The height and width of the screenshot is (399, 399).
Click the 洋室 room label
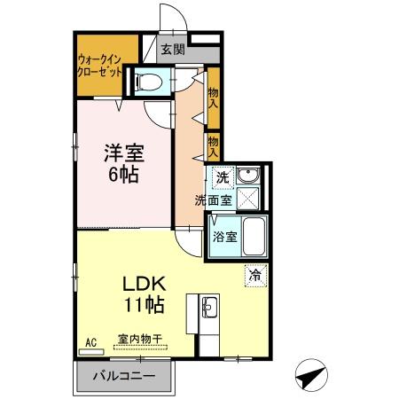click(122, 152)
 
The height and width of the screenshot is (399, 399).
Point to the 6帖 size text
click(122, 174)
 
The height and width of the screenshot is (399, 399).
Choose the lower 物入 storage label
click(213, 145)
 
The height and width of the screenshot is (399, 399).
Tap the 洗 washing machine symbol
click(223, 176)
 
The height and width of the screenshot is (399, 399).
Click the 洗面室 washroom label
click(214, 200)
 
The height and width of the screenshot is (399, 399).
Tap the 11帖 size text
click(143, 307)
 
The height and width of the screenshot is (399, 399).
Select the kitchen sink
click(210, 309)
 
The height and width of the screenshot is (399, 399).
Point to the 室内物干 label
click(139, 339)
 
